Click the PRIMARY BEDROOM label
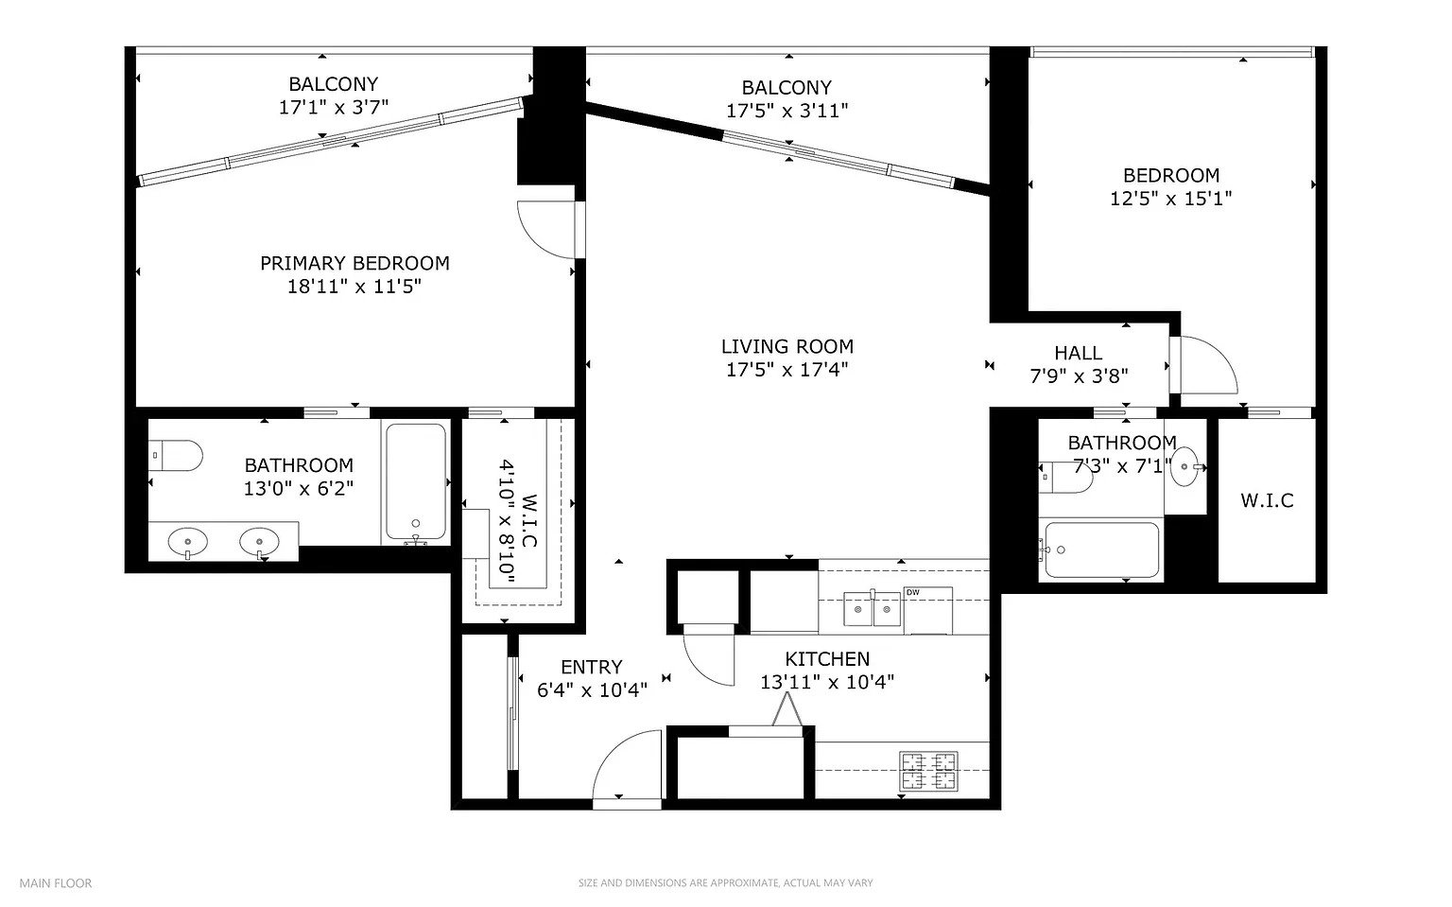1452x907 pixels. pyautogui.click(x=354, y=263)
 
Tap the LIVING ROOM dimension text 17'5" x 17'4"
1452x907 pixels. pyautogui.click(x=786, y=370)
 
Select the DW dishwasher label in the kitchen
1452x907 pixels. pyautogui.click(x=912, y=593)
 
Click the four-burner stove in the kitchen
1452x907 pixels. pyautogui.click(x=929, y=771)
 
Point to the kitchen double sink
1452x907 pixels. pyautogui.click(x=872, y=609)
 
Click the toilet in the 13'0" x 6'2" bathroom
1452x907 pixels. pyautogui.click(x=176, y=456)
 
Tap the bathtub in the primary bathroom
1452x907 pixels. pyautogui.click(x=416, y=481)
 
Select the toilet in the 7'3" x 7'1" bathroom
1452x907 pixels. pyautogui.click(x=1065, y=478)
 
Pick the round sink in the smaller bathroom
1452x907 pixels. pyautogui.click(x=1184, y=466)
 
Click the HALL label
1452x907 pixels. pyautogui.click(x=1078, y=354)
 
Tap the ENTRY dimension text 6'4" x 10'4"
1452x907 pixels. pyautogui.click(x=592, y=689)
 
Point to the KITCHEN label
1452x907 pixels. pyautogui.click(x=827, y=659)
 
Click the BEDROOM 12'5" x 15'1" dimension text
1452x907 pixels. pyautogui.click(x=1170, y=199)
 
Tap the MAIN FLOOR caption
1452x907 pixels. pyautogui.click(x=56, y=883)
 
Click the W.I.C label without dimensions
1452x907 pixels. pyautogui.click(x=1268, y=500)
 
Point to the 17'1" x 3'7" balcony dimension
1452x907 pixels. pyautogui.click(x=333, y=107)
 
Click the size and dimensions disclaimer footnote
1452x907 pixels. pyautogui.click(x=725, y=883)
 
